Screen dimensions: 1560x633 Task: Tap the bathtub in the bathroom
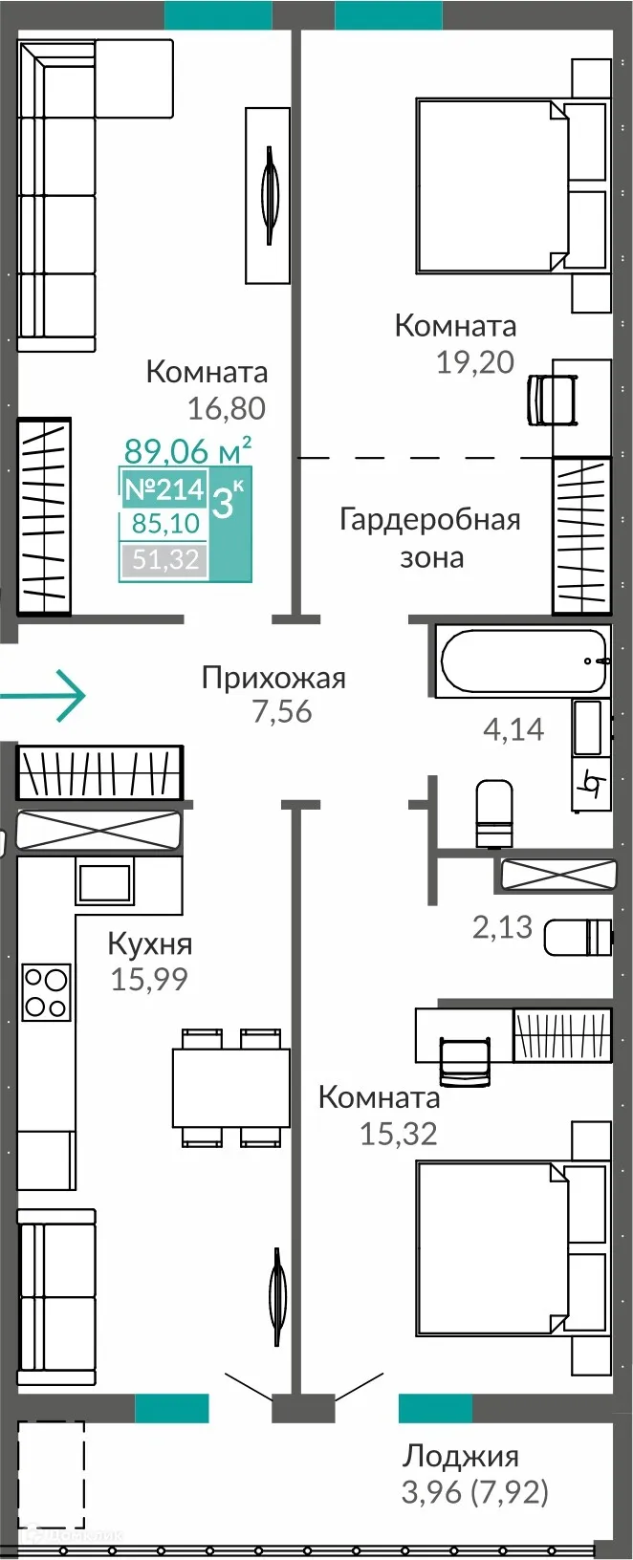(x=523, y=660)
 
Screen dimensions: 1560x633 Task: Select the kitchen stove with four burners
(x=47, y=992)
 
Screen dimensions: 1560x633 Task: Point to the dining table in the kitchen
(x=230, y=1088)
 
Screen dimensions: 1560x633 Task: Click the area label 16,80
(x=226, y=408)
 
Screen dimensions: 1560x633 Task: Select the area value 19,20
(x=475, y=362)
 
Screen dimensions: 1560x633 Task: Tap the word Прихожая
(x=273, y=678)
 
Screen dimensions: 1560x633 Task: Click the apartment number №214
(x=164, y=489)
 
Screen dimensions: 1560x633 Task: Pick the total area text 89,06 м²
(x=188, y=449)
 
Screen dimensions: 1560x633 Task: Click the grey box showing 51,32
(x=165, y=559)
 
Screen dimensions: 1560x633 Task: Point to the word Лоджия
(x=461, y=1456)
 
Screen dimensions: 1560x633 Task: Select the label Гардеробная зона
(x=430, y=538)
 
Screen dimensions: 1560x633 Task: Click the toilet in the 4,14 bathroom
(x=494, y=813)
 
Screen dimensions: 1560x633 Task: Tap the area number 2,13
(x=502, y=926)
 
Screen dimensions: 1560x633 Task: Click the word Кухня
(x=150, y=943)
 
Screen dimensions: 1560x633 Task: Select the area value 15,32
(x=398, y=1133)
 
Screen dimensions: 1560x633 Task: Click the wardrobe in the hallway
(x=98, y=771)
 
